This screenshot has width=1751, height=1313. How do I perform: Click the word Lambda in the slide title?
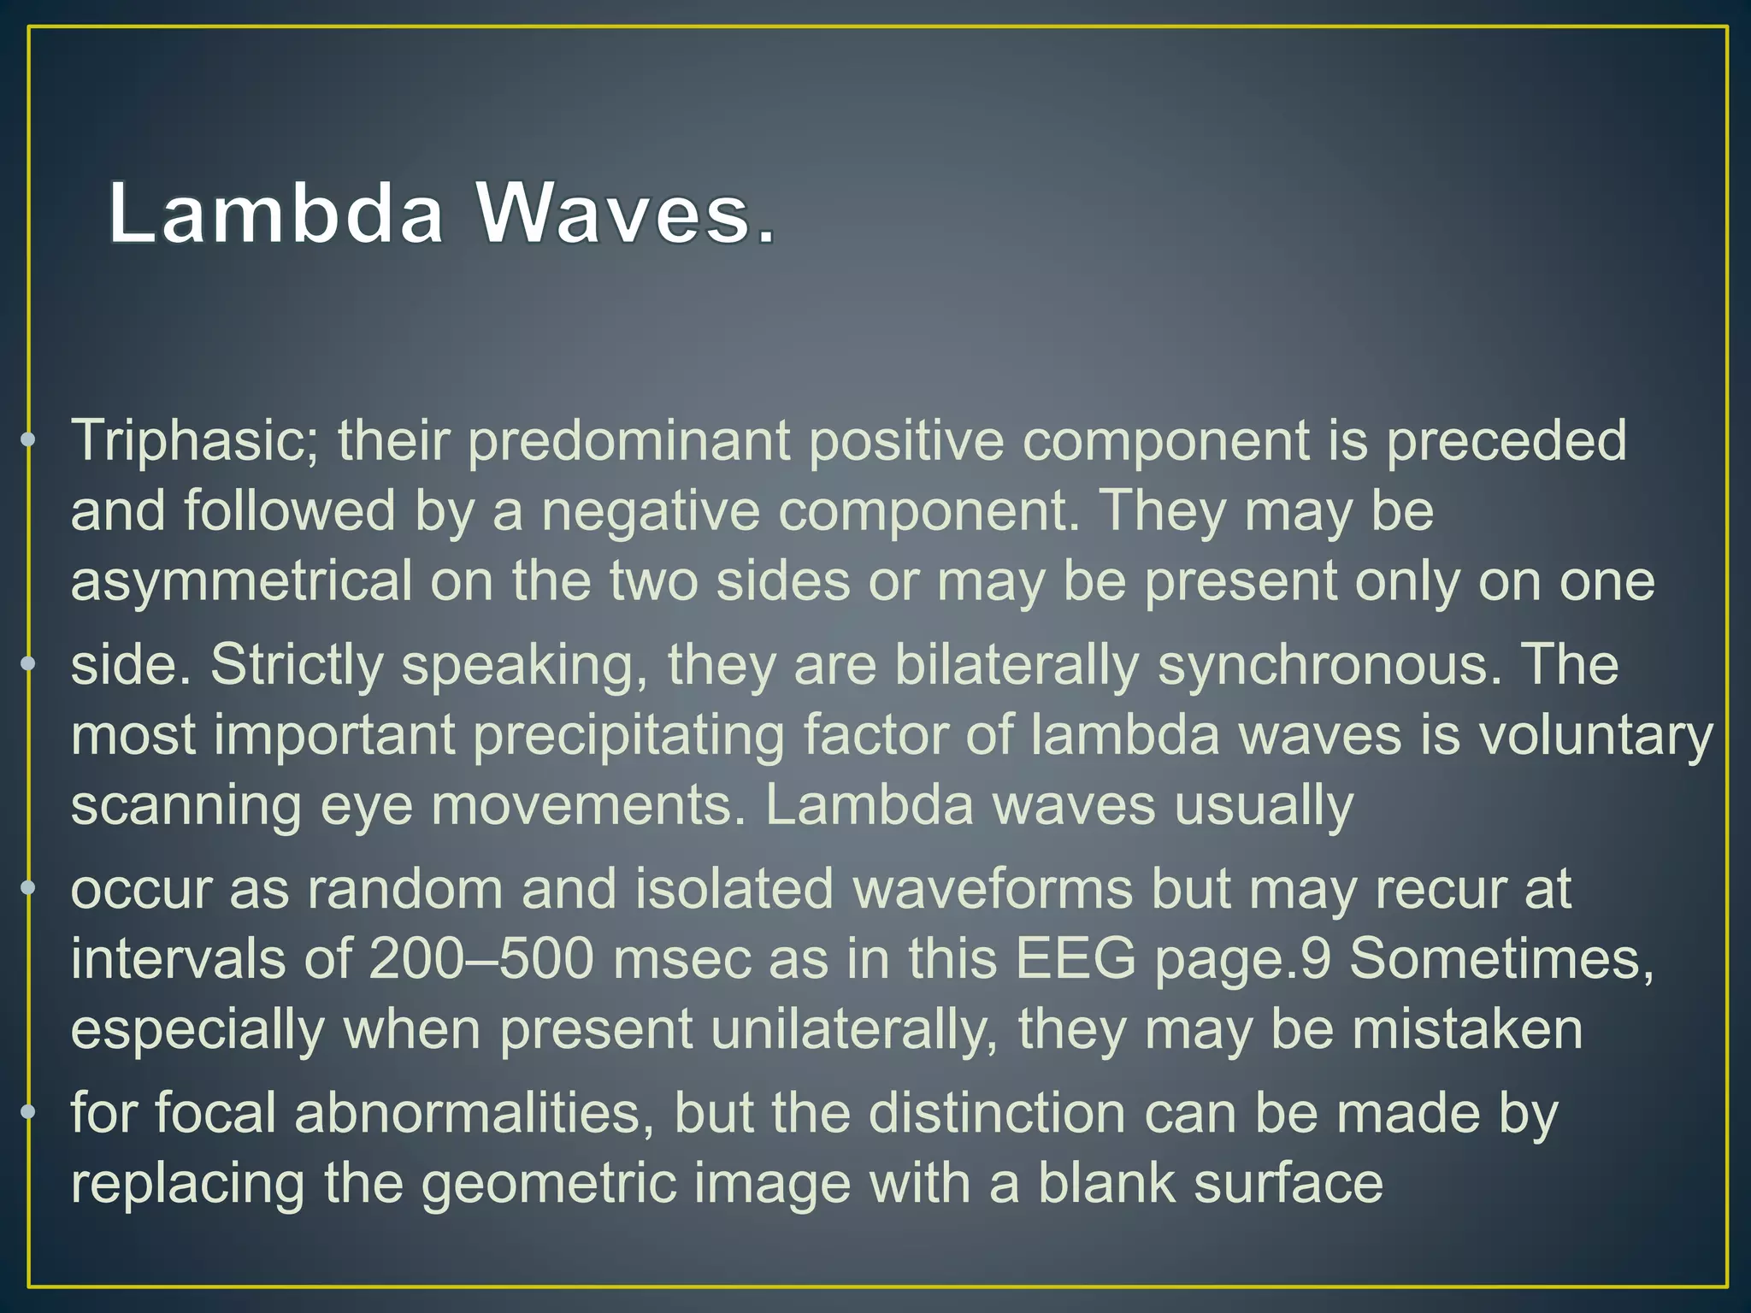click(275, 213)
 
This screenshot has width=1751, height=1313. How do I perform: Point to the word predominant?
click(628, 442)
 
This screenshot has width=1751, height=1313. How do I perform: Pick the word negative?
click(650, 512)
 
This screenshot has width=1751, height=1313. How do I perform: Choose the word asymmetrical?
click(241, 582)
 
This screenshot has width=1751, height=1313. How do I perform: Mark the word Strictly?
click(297, 666)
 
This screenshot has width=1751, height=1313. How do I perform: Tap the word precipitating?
click(628, 736)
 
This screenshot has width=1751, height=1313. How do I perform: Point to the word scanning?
click(186, 806)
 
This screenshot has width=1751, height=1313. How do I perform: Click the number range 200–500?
click(481, 960)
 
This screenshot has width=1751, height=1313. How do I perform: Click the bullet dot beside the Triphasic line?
click(28, 439)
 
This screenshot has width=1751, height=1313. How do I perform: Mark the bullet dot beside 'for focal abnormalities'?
click(28, 1111)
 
